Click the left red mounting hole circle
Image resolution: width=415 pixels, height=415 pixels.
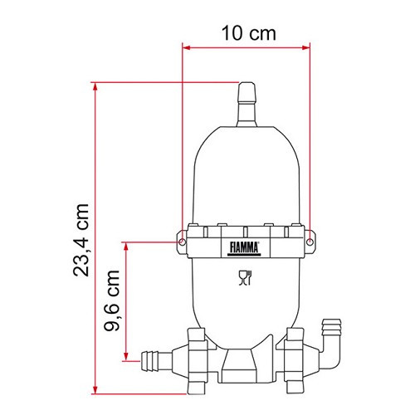182,242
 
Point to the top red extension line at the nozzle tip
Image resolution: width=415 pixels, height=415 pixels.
166,82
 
